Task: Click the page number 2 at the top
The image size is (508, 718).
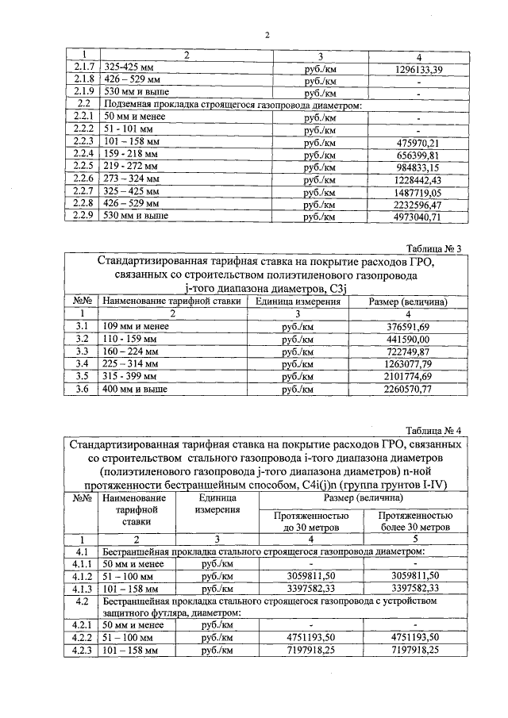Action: pos(267,35)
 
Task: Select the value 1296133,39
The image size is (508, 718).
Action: pos(418,70)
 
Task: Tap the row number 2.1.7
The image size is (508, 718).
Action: pos(82,70)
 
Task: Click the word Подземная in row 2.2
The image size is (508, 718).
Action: pos(129,105)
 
